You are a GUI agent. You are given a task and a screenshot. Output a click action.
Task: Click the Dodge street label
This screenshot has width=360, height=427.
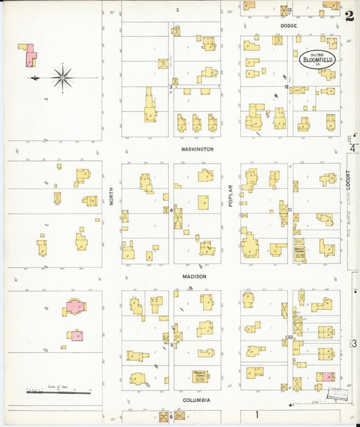[x=289, y=26]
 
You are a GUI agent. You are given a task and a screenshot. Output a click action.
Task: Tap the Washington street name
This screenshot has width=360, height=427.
[x=197, y=149]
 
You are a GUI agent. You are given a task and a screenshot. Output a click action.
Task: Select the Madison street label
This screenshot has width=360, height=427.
[x=194, y=276]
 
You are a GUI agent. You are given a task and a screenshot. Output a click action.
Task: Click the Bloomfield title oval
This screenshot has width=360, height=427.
[x=316, y=59]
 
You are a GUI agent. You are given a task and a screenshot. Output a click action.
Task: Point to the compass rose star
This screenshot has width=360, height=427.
[x=62, y=78]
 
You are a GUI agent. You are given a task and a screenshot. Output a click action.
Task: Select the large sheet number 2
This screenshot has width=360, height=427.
[x=349, y=16]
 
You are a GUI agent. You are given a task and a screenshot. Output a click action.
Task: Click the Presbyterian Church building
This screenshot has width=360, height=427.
[x=199, y=376]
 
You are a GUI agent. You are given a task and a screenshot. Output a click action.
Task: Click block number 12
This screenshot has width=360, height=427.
[x=286, y=87]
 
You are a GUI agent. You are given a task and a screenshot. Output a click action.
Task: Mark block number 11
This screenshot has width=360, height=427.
[x=289, y=210]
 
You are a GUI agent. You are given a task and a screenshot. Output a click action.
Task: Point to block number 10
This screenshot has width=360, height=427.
[x=289, y=337]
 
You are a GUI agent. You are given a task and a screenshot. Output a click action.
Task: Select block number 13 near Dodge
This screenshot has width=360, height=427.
[x=289, y=11]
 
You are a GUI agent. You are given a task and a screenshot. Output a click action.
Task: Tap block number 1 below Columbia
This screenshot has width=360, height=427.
[x=257, y=413]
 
